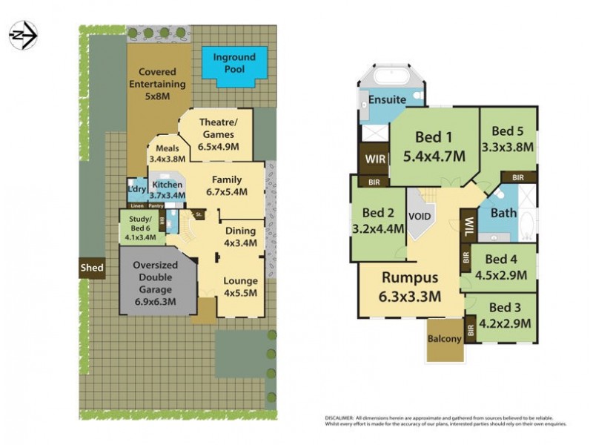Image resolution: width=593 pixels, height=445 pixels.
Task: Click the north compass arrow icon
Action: click(23, 35)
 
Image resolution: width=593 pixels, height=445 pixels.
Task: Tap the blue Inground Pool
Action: click(234, 64)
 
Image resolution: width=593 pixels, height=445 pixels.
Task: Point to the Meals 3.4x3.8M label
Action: click(167, 154)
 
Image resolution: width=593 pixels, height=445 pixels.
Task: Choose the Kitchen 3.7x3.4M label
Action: click(167, 190)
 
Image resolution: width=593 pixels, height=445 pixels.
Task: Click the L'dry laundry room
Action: click(136, 188)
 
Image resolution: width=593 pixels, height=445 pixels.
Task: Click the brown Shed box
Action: click(93, 268)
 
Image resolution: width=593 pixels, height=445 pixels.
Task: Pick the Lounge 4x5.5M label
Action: click(240, 286)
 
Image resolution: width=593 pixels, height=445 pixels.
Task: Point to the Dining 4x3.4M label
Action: click(240, 237)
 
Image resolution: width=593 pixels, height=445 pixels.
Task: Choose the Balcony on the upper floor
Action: click(445, 339)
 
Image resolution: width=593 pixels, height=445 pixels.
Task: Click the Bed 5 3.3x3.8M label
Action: click(507, 139)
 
